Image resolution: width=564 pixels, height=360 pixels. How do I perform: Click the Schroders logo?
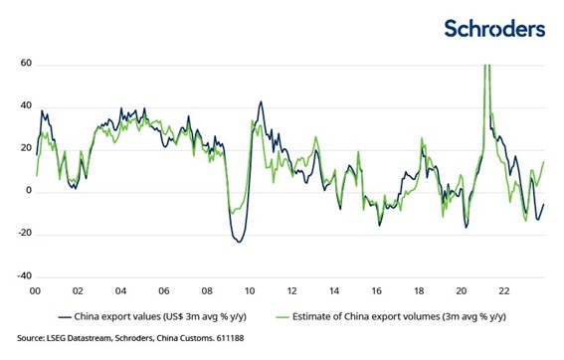[494, 28]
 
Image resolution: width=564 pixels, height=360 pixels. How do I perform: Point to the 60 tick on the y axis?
[24, 65]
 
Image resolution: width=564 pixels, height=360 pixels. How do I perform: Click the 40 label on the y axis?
[24, 107]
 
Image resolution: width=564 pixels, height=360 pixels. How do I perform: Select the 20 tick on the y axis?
[24, 149]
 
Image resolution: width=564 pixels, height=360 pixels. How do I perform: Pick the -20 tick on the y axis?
[22, 234]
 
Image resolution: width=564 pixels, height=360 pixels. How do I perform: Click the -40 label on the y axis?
[22, 275]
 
